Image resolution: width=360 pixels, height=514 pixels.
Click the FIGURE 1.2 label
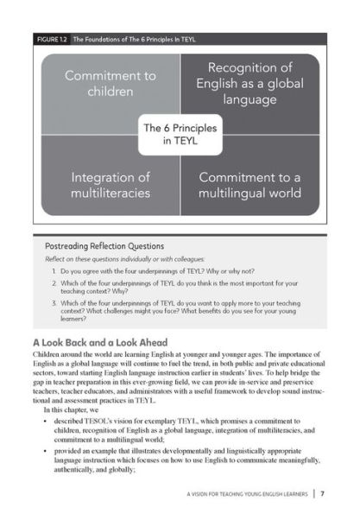(x=54, y=39)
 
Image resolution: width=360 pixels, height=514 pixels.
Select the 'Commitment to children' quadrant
(x=111, y=84)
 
